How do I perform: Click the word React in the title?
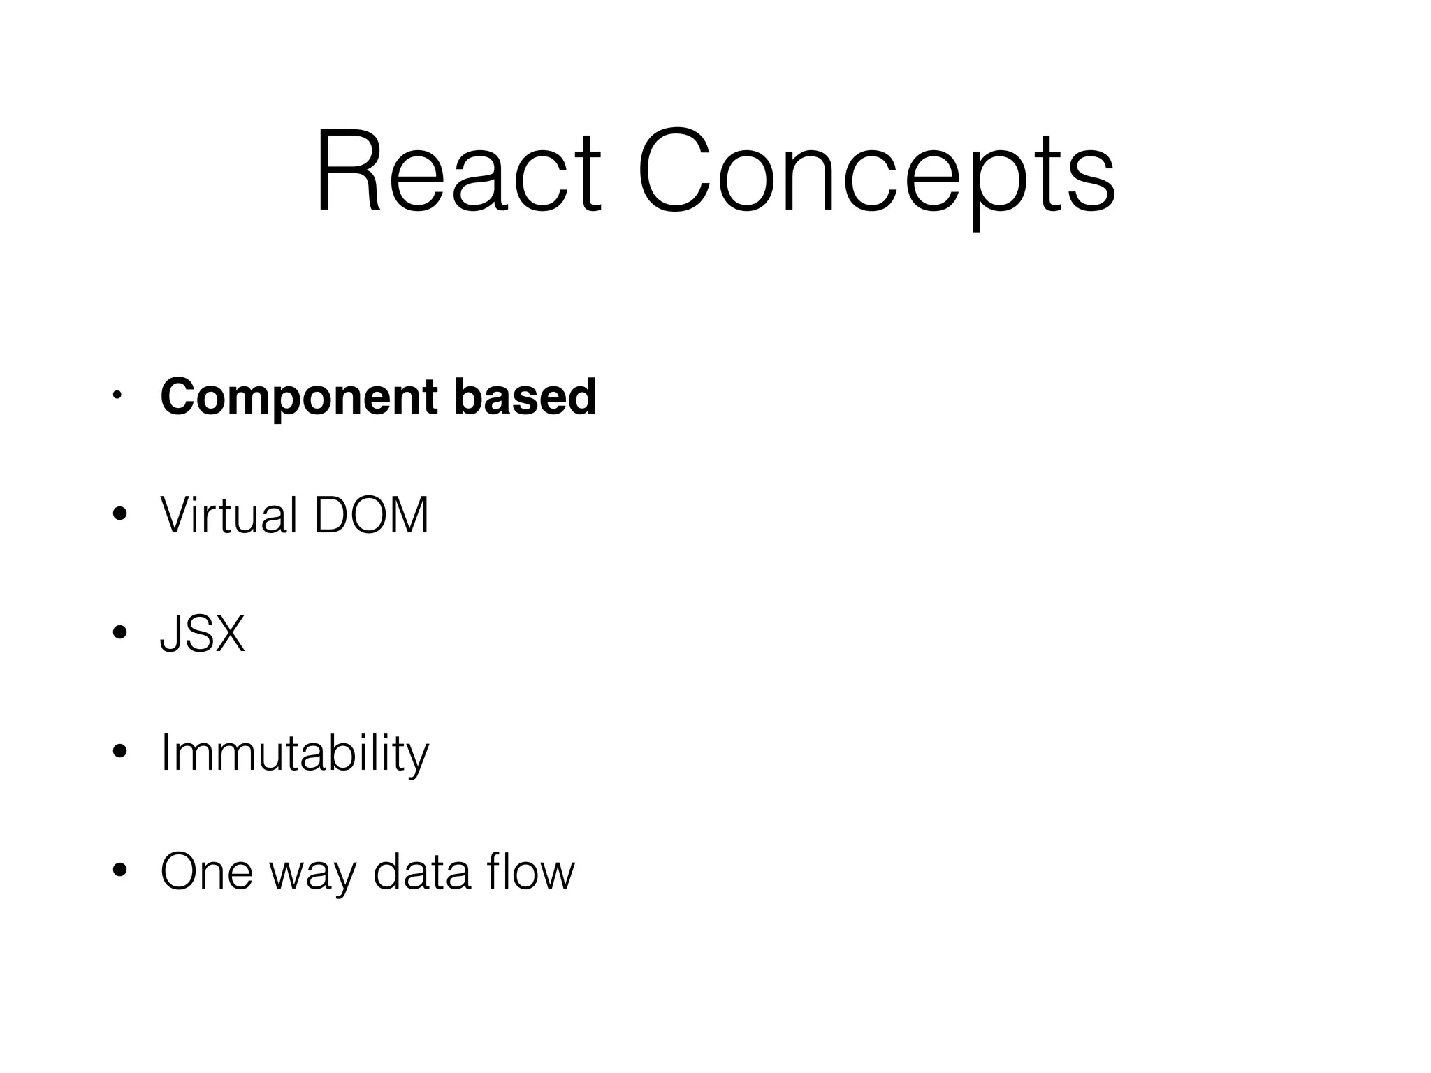click(x=458, y=171)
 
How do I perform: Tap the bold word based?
click(x=525, y=396)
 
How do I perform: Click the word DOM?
click(x=371, y=516)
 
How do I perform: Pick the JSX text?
click(x=203, y=634)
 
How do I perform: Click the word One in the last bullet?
click(x=206, y=872)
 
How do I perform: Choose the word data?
click(x=421, y=872)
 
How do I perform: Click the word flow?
click(x=531, y=871)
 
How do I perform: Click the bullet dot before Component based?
click(x=117, y=397)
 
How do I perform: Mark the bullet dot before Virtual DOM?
click(x=119, y=516)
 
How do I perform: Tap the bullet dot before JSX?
click(x=119, y=634)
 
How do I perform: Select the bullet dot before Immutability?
click(x=119, y=752)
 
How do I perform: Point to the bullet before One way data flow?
click(x=119, y=871)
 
